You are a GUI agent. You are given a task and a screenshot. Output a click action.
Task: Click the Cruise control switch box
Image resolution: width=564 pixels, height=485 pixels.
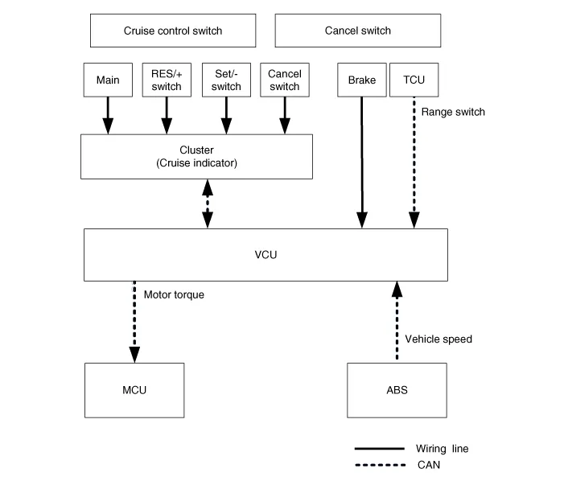172,31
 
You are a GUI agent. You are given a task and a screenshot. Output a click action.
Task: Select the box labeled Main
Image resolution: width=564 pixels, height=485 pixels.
108,80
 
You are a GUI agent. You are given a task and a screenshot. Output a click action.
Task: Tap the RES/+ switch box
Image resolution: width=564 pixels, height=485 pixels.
167,80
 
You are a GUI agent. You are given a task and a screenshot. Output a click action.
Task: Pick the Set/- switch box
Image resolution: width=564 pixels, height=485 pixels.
226,80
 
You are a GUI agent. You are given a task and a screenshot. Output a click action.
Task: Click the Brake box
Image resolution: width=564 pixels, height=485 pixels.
362,80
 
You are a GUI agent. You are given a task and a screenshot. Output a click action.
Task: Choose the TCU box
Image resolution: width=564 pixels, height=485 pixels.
414,80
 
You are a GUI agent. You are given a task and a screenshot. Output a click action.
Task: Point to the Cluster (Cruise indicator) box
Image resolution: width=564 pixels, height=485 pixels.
197,156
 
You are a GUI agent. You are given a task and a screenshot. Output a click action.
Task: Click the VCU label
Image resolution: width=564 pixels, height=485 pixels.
266,254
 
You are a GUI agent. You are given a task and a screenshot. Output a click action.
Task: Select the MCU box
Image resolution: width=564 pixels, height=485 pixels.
135,390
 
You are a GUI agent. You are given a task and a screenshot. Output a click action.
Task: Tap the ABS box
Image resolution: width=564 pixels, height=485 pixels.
397,390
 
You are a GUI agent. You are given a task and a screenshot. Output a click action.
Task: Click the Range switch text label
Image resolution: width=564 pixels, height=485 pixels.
453,112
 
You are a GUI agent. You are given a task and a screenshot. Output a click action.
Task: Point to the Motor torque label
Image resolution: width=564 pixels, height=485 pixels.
174,294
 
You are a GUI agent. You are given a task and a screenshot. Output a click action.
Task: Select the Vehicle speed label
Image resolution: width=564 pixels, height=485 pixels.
438,339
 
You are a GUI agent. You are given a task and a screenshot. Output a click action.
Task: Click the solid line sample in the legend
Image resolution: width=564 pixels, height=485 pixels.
379,449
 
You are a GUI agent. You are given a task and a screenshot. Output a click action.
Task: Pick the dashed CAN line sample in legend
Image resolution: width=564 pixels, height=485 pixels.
379,464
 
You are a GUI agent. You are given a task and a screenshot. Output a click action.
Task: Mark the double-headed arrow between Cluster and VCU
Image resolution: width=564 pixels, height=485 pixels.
208,203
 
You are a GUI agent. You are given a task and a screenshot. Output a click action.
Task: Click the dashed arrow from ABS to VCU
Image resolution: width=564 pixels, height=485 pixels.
396,322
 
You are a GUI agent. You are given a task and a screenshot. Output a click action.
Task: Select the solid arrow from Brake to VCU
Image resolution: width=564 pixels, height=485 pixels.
362,161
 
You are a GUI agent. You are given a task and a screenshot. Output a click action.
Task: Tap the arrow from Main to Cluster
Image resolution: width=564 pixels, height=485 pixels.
108,116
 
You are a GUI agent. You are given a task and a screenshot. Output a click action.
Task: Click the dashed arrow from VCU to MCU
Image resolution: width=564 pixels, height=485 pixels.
134,322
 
